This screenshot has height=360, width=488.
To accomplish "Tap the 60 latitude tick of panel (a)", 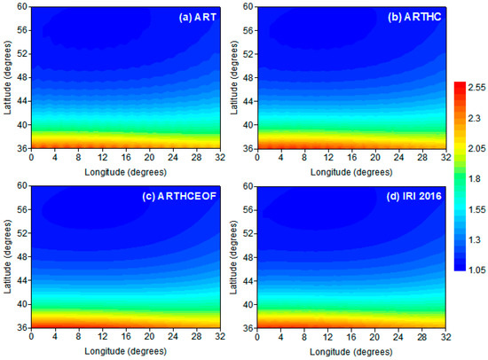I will (23, 6).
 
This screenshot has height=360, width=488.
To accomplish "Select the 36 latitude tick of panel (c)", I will (23, 328).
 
